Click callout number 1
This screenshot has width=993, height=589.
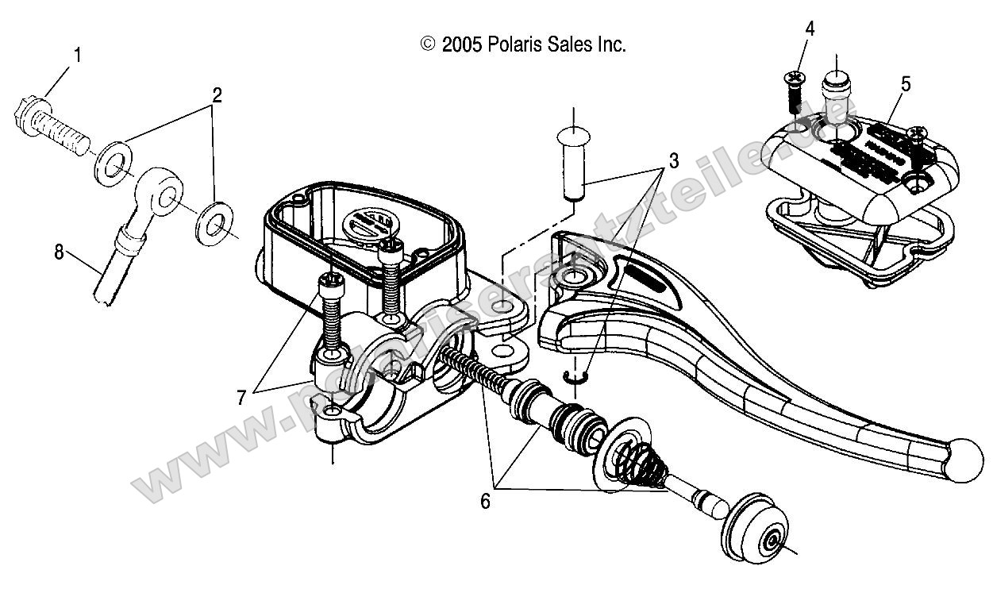point(77,56)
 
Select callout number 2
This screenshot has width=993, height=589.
point(214,96)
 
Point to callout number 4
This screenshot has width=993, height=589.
point(809,29)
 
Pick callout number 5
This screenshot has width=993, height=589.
point(906,83)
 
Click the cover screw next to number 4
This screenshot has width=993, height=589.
point(794,92)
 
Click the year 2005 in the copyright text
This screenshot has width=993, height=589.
point(463,45)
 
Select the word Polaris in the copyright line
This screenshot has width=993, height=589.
point(516,45)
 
